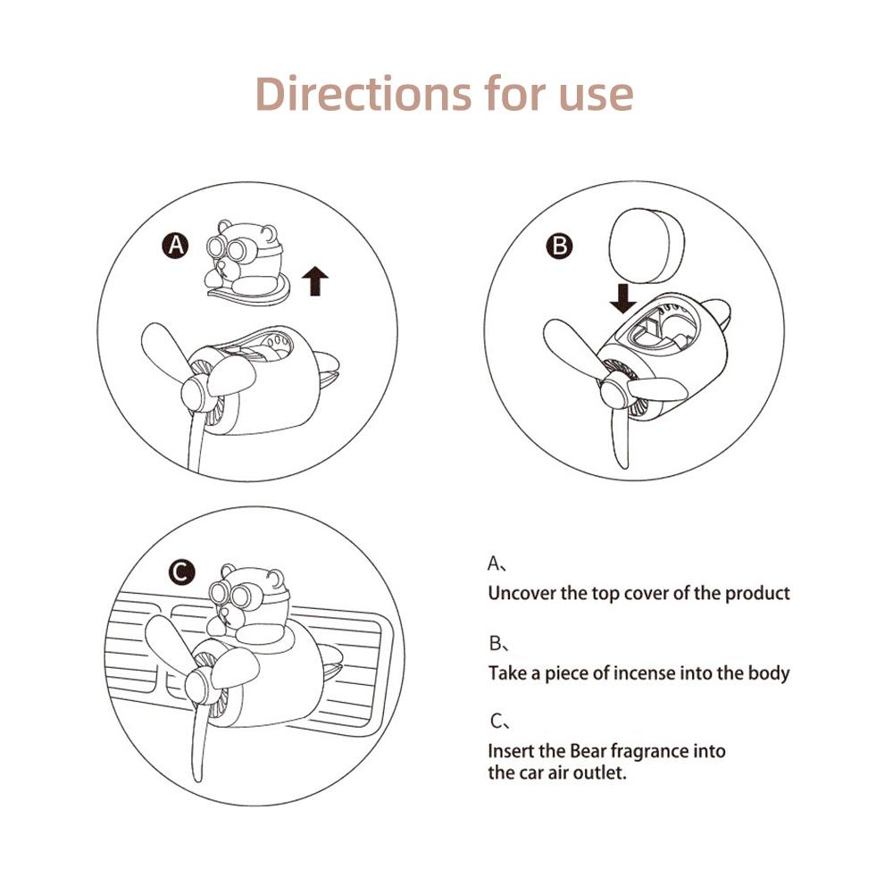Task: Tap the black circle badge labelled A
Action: click(176, 246)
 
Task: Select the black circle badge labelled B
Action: click(561, 246)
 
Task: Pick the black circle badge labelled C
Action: click(183, 572)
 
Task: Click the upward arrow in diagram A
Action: click(315, 280)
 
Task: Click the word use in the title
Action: click(594, 94)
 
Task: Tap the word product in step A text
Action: click(757, 593)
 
